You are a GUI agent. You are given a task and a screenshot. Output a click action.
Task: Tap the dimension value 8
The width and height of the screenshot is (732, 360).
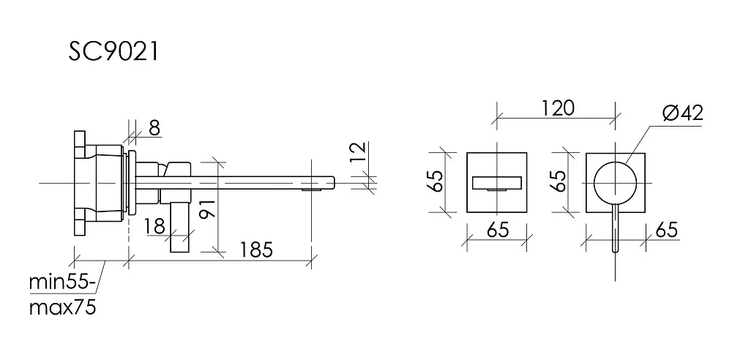pyautogui.click(x=154, y=127)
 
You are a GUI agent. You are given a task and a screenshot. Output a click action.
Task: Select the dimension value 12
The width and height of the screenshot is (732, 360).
pyautogui.click(x=358, y=152)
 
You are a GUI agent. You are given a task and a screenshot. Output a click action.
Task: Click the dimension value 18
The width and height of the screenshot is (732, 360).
pyautogui.click(x=154, y=226)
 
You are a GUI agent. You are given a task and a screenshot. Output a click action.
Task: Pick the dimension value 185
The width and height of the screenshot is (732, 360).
pyautogui.click(x=255, y=250)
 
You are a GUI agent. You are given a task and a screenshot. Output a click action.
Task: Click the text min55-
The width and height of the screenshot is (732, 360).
pyautogui.click(x=62, y=283)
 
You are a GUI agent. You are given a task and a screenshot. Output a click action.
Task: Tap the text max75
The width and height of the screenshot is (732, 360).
pyautogui.click(x=62, y=308)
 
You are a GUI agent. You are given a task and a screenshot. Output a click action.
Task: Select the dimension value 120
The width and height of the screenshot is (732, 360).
pyautogui.click(x=558, y=108)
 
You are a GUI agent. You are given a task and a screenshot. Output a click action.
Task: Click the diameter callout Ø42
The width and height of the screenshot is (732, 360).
pyautogui.click(x=682, y=113)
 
